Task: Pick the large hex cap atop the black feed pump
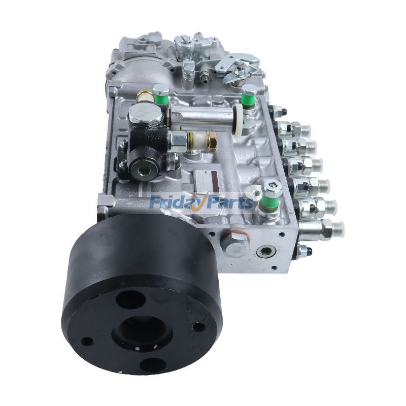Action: [145, 115]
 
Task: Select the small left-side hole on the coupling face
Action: [88, 341]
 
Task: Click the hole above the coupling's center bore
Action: [125, 299]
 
